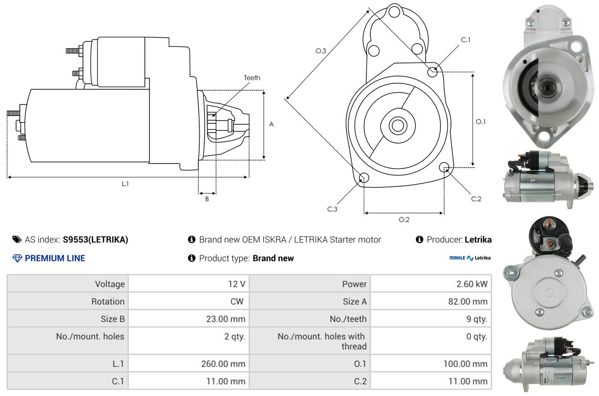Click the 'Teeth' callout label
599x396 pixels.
point(252,78)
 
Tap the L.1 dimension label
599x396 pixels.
point(125,184)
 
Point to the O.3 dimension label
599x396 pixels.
point(321,51)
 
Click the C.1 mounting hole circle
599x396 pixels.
point(433,71)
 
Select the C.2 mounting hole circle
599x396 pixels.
point(445,167)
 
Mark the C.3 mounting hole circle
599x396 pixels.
point(364,178)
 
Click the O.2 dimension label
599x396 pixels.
point(404,220)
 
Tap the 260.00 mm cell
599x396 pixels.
point(223,364)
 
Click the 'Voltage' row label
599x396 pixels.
point(110,284)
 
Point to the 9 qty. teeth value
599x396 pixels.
point(475,319)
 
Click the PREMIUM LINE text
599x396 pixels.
point(55,258)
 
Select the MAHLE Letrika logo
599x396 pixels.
point(470,258)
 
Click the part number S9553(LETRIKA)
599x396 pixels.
point(95,239)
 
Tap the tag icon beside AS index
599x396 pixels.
point(17,239)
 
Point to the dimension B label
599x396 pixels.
point(207,199)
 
